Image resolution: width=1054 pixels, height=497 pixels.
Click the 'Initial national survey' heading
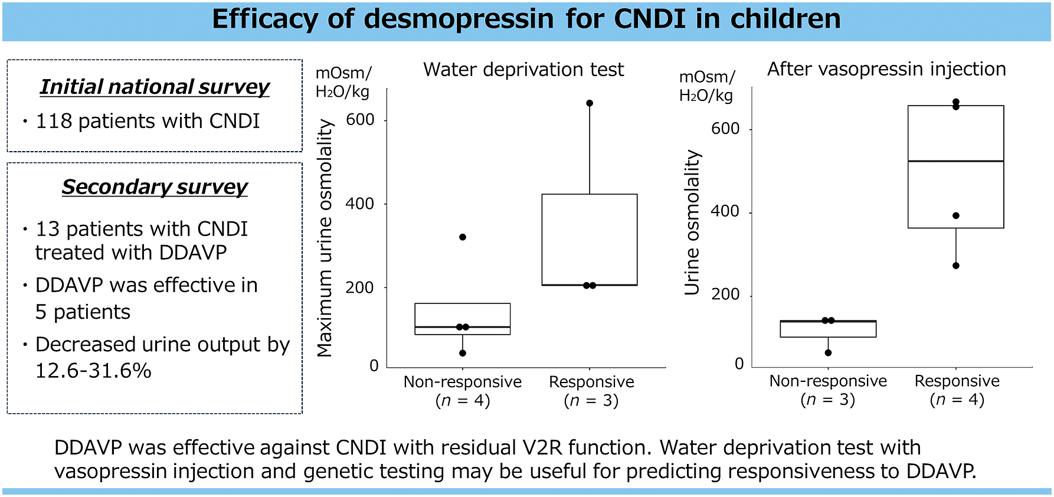click(x=155, y=87)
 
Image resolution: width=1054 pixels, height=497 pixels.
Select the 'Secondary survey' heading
click(x=155, y=187)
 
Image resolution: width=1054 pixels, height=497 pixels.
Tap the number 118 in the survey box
click(x=54, y=121)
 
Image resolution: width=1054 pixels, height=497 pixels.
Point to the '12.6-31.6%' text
click(x=93, y=371)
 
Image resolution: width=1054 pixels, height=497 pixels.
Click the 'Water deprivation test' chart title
click(x=523, y=70)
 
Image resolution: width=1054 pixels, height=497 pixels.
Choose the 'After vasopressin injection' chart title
click(x=886, y=69)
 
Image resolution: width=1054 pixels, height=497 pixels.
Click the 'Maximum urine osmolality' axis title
click(x=325, y=238)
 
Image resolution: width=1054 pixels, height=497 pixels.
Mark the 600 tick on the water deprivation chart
click(x=360, y=120)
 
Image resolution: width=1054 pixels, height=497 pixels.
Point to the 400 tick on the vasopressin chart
click(x=725, y=211)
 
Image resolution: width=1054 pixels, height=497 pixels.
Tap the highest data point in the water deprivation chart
click(x=590, y=103)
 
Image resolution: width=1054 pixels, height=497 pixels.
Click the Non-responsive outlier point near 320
click(x=463, y=237)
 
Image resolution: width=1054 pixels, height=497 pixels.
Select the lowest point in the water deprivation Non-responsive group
click(x=463, y=353)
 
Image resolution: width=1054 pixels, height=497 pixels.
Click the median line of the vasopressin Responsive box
click(x=955, y=161)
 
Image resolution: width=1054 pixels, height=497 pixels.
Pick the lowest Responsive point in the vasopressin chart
click(x=956, y=266)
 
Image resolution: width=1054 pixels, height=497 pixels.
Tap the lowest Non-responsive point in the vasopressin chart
click(x=828, y=353)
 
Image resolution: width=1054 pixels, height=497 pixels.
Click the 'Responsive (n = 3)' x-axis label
click(x=591, y=391)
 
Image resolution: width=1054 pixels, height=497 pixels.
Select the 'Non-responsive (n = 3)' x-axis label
click(x=828, y=390)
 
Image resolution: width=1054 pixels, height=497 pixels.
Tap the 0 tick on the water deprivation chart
click(x=374, y=366)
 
